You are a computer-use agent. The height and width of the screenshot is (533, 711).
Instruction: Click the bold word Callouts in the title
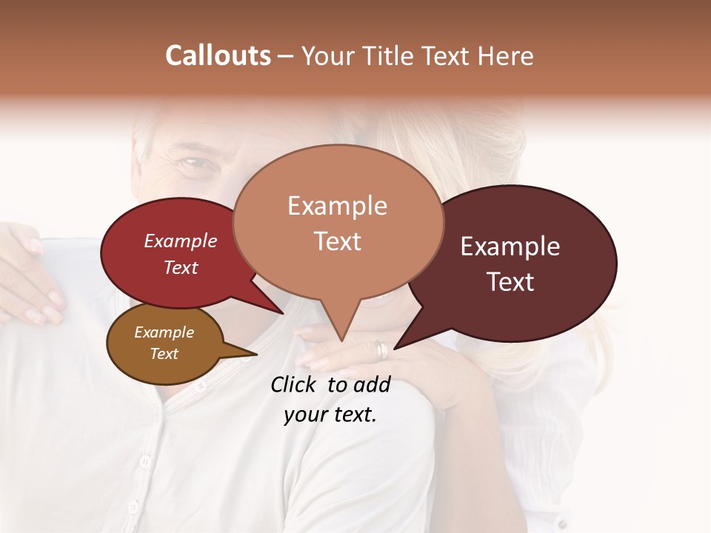click(x=218, y=56)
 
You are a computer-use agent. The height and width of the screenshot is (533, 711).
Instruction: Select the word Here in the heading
click(x=505, y=56)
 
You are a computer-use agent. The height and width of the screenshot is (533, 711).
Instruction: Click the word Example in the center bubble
click(x=337, y=206)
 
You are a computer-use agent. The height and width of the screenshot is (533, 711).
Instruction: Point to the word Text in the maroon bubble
click(x=510, y=282)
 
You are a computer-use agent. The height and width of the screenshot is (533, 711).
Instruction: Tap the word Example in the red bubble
click(x=180, y=241)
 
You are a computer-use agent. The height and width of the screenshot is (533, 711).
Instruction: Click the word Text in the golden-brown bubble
click(x=164, y=354)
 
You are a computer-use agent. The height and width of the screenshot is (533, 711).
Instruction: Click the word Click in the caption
click(x=296, y=384)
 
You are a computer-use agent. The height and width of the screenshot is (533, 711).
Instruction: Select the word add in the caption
click(x=373, y=384)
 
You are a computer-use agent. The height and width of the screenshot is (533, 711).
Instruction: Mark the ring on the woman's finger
click(x=381, y=349)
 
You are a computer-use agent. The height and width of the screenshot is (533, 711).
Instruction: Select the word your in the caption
click(x=304, y=415)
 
